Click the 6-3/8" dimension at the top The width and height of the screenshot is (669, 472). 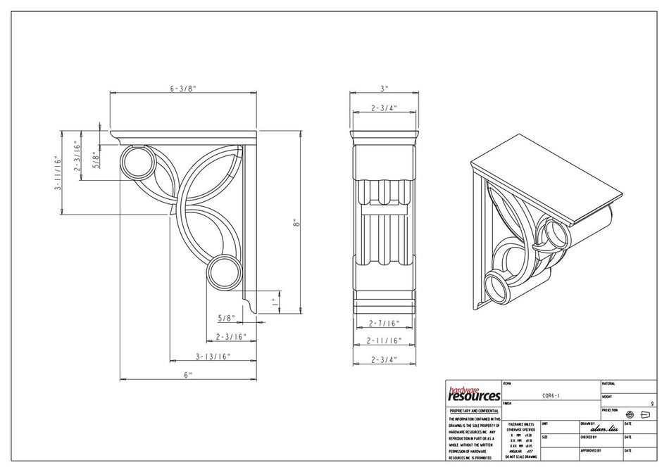click(x=182, y=89)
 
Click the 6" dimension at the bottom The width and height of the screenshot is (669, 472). click(x=188, y=375)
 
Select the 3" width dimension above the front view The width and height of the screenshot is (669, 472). click(x=384, y=89)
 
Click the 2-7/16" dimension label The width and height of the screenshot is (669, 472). click(x=384, y=324)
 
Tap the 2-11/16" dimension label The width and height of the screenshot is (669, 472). click(x=384, y=340)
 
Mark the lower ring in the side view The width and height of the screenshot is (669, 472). click(x=224, y=272)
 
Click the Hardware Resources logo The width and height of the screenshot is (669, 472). click(x=474, y=393)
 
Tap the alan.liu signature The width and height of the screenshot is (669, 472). click(x=604, y=428)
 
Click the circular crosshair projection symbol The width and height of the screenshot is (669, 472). click(x=630, y=415)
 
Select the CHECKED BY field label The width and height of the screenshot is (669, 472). click(x=591, y=437)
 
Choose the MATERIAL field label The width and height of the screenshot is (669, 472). click(x=609, y=383)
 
